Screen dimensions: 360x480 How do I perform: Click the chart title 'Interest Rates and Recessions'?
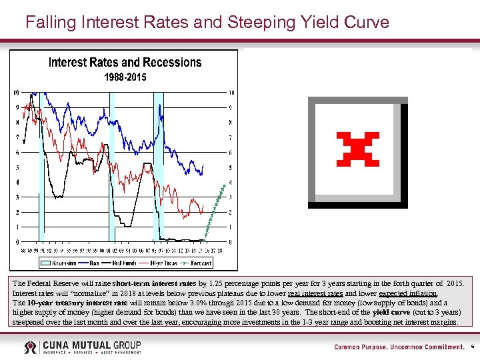pos(125,63)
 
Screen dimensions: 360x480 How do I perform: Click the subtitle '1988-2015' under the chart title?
pos(125,77)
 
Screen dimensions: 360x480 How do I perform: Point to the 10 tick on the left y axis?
pos(16,92)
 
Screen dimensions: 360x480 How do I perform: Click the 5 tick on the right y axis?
pos(231,167)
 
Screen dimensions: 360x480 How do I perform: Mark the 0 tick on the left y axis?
pos(17,242)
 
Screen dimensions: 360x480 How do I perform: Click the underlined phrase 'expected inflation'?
pos(407,293)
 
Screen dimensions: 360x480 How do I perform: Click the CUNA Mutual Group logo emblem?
pos(31,347)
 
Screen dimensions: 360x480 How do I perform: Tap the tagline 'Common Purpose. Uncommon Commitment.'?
pos(399,347)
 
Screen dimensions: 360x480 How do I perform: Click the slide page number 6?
pos(472,347)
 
